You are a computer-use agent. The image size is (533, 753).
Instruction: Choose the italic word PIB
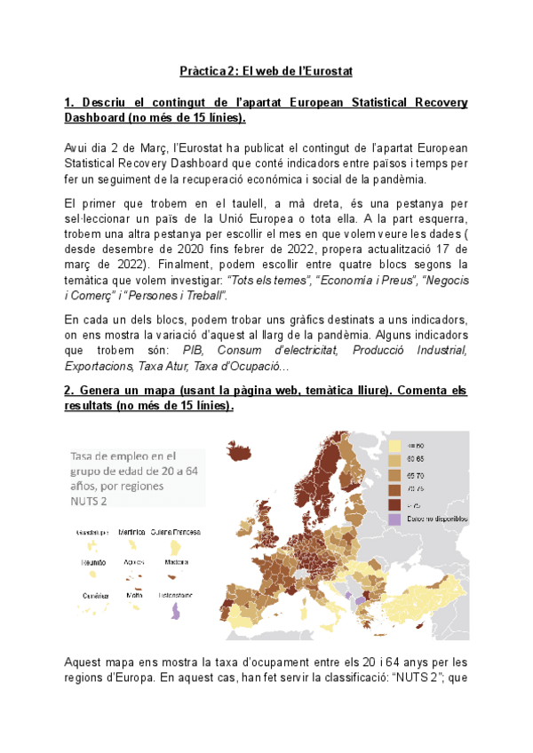coord(193,351)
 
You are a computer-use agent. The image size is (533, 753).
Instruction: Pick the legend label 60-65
coord(416,460)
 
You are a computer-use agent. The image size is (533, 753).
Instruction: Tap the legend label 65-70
coord(416,475)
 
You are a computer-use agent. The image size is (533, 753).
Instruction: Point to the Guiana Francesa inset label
coord(175,533)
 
